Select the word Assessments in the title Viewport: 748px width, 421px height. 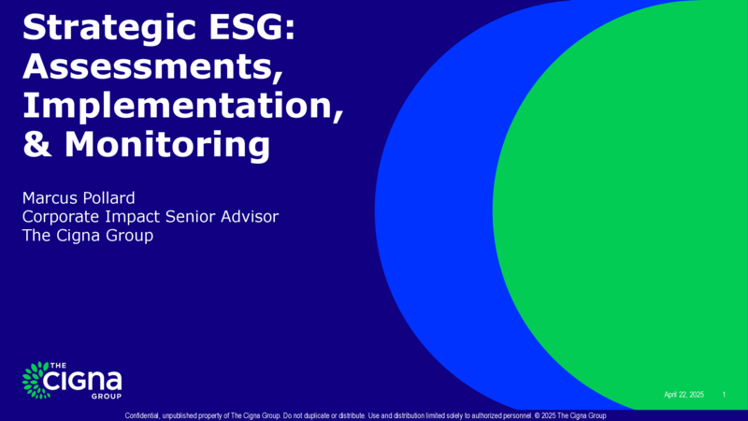coord(151,65)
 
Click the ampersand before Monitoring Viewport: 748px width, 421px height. coord(37,144)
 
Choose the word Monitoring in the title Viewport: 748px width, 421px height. coord(167,145)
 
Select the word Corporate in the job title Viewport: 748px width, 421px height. coord(61,217)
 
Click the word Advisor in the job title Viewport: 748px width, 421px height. coord(250,216)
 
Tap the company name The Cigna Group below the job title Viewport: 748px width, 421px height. coord(88,236)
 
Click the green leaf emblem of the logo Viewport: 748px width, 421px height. coord(36,380)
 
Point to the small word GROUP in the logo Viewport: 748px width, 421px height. coord(107,396)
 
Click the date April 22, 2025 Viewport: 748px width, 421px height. coord(684,395)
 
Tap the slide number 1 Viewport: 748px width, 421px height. coord(724,394)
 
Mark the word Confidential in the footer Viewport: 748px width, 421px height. coord(142,415)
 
